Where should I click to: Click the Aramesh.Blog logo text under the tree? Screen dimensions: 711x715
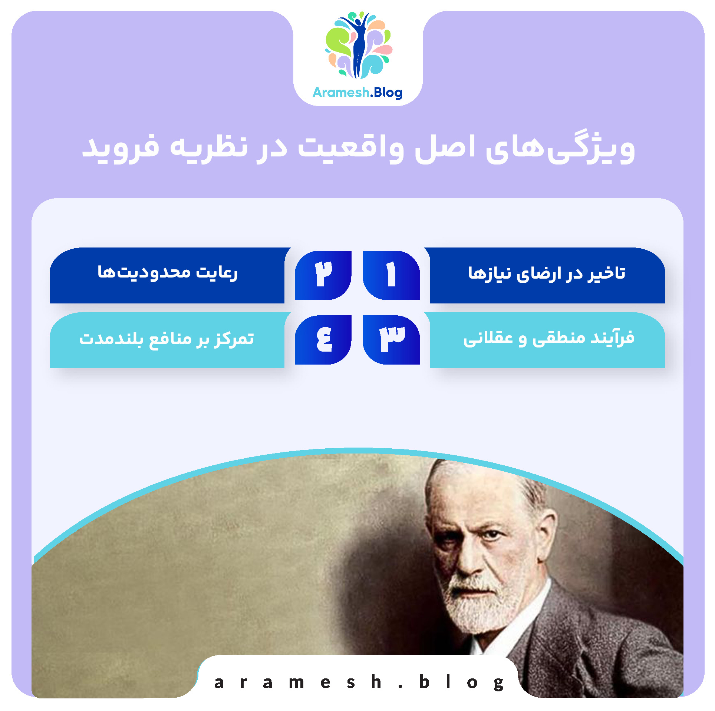(x=357, y=92)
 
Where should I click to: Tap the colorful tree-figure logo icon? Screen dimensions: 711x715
(x=359, y=45)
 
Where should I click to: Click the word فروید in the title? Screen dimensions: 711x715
(x=121, y=147)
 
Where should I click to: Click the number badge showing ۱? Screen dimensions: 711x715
(x=391, y=275)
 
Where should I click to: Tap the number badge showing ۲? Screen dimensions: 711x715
(x=323, y=275)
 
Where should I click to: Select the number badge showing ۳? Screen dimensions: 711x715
(x=391, y=339)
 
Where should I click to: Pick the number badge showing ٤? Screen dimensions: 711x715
(x=323, y=339)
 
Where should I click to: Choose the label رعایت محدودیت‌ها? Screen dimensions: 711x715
(x=167, y=273)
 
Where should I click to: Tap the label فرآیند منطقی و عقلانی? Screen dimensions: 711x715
(x=548, y=338)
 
